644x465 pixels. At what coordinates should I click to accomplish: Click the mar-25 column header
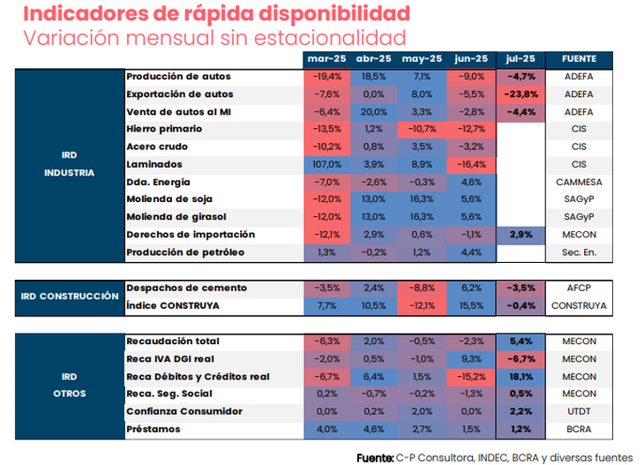coord(326,59)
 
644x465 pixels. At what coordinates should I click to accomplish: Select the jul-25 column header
coord(521,59)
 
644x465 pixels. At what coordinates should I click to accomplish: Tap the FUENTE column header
coord(579,59)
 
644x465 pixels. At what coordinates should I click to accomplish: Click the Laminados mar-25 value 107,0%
coord(326,164)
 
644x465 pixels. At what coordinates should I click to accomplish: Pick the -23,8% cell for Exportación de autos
coord(521,94)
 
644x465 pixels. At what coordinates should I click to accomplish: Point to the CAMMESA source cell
coord(579,182)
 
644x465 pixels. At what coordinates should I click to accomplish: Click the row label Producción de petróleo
coord(184,252)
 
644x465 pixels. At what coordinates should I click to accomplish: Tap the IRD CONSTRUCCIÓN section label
coord(69,296)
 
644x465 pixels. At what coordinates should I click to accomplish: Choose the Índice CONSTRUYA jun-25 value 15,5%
coord(468,305)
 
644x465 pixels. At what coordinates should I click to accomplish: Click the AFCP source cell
coord(579,288)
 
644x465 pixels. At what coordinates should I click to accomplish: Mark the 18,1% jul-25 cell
coord(521,376)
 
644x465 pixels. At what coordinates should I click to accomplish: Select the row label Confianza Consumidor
coord(183,411)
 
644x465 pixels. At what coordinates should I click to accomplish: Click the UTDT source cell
coord(579,411)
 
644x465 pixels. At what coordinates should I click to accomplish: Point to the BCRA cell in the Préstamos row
coord(579,429)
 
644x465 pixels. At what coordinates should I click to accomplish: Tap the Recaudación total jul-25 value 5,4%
coord(521,341)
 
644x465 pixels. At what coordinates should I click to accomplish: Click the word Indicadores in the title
coord(79,14)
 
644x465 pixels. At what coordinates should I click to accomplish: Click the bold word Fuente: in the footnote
coord(375,456)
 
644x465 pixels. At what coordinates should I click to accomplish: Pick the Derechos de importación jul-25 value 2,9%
coord(521,235)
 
